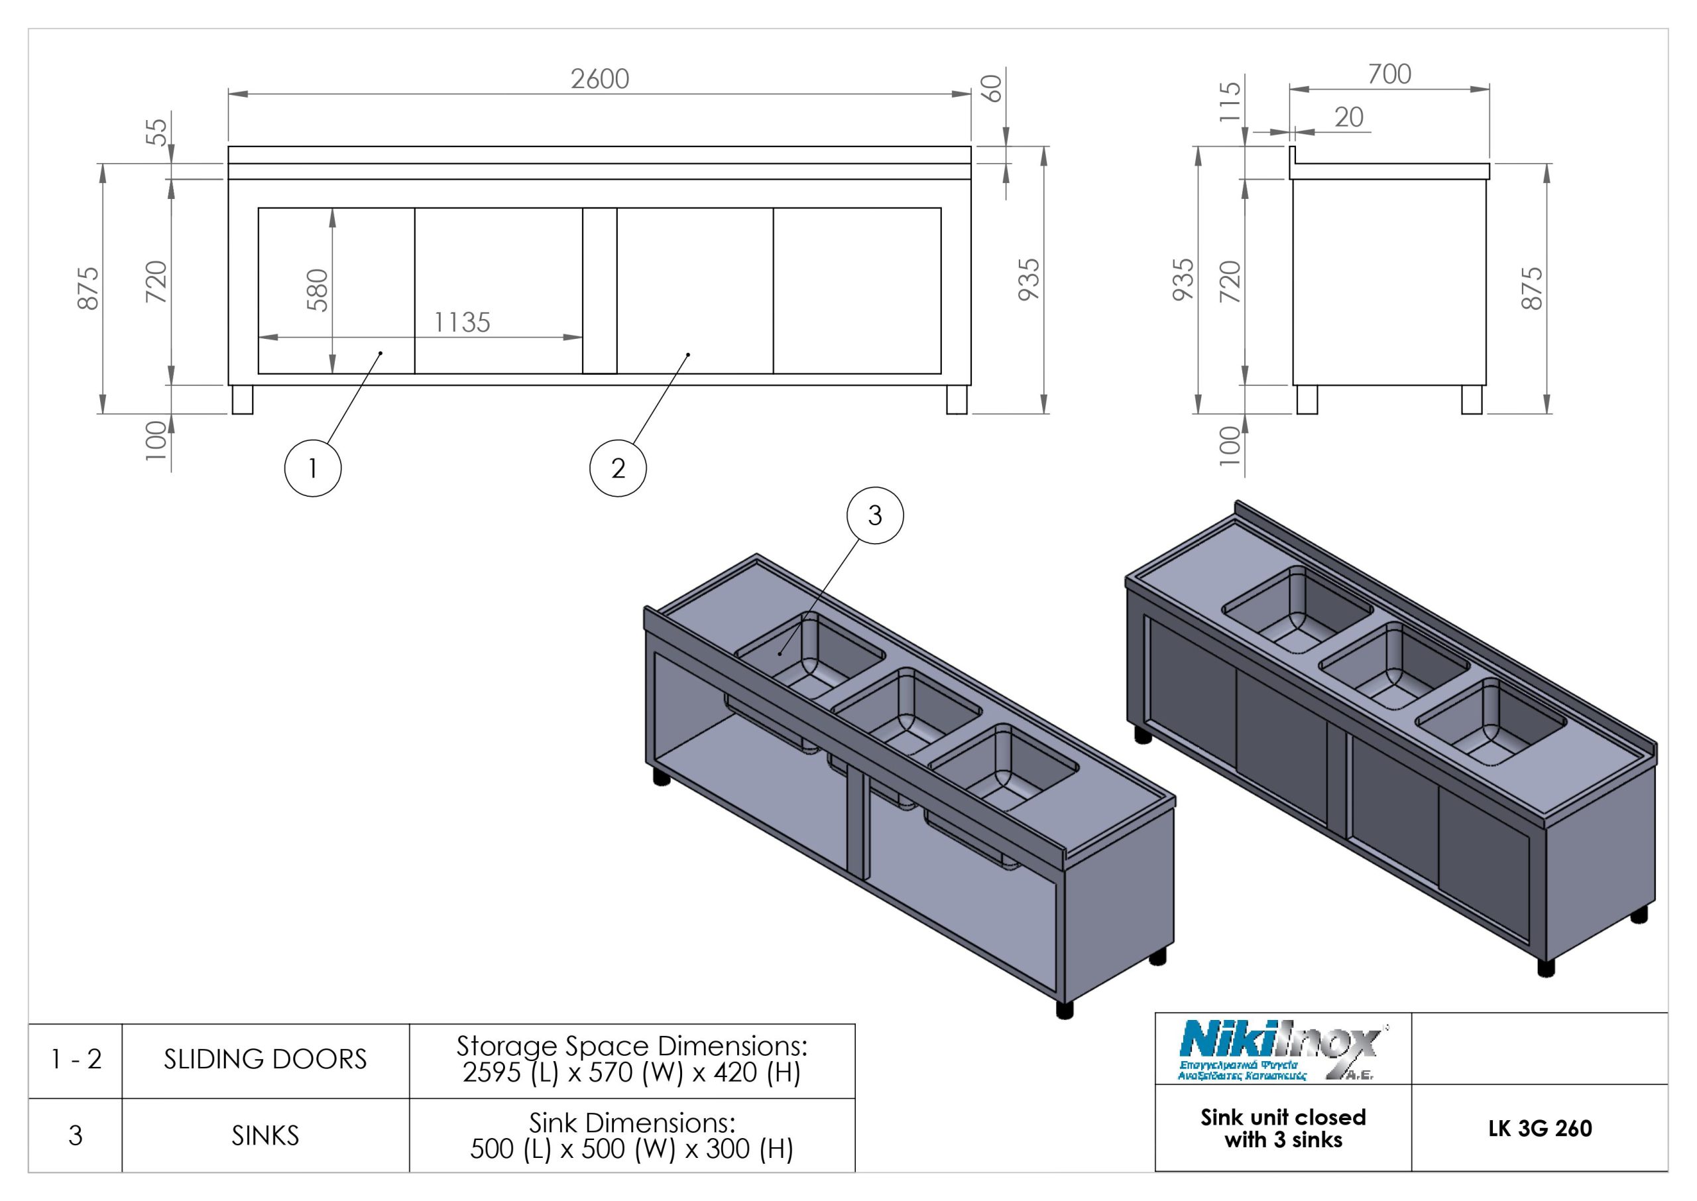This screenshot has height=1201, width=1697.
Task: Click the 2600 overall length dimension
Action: (x=599, y=79)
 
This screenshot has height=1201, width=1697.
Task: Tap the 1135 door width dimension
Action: (x=462, y=322)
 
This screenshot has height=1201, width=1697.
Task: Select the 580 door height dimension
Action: (x=317, y=290)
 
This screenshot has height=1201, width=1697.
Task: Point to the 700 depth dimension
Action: (x=1389, y=74)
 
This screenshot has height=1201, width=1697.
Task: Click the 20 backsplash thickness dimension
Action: (x=1348, y=117)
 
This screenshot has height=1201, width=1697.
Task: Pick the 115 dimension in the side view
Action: (x=1229, y=101)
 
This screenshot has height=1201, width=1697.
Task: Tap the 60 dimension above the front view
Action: (x=995, y=89)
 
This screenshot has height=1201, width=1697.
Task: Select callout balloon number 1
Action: (x=313, y=468)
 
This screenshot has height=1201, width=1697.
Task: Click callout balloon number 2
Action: (x=618, y=468)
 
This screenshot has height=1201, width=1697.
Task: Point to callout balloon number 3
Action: (x=874, y=515)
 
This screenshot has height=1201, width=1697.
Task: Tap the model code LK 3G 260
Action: (x=1540, y=1129)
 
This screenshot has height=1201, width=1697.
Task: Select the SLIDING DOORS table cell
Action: (x=265, y=1060)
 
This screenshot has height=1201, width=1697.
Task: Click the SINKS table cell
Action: (x=265, y=1136)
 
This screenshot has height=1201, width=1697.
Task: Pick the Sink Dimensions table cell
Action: (x=632, y=1136)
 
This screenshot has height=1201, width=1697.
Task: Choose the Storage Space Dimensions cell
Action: (x=632, y=1059)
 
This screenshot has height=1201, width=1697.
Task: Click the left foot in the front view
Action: (x=243, y=399)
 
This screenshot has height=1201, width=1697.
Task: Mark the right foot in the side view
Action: (x=1472, y=399)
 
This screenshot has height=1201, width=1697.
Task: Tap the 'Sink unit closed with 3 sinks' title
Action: (x=1283, y=1129)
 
